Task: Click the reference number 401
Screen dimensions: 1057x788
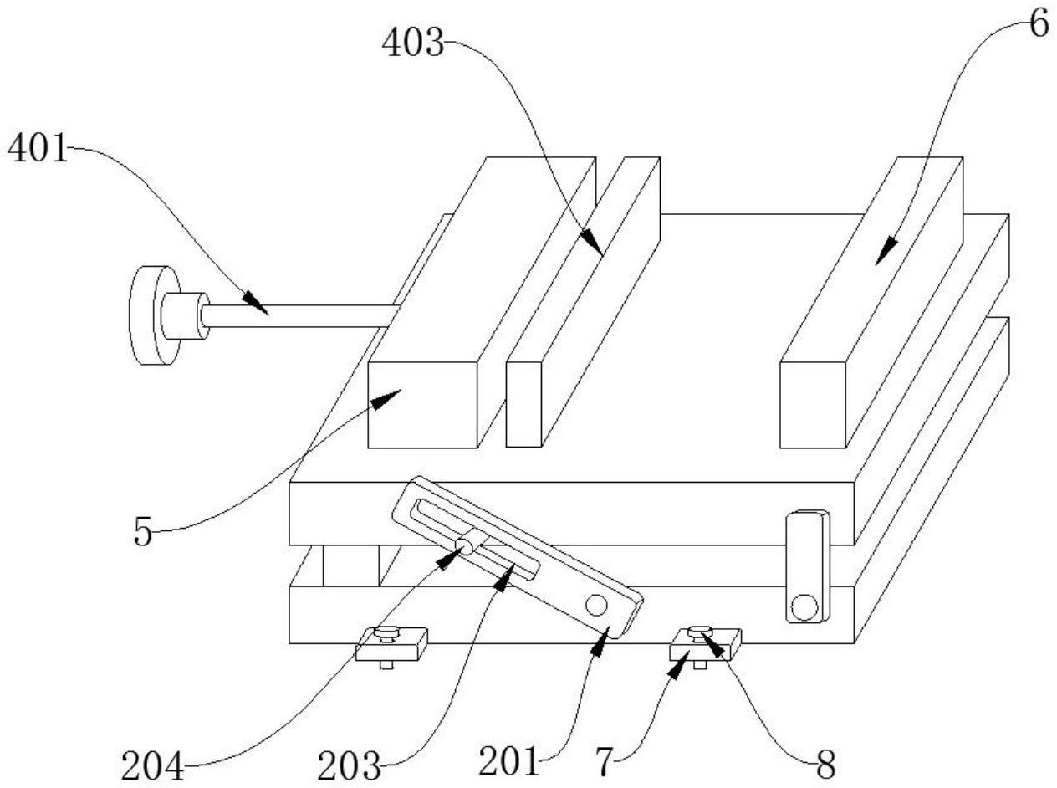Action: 38,148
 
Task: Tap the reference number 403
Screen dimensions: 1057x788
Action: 413,43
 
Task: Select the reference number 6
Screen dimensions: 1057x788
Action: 1039,24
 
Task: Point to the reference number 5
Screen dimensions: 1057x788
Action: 142,532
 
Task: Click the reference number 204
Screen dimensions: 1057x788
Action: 153,766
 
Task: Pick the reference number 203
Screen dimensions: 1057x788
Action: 349,766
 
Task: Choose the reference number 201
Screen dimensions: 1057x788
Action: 509,761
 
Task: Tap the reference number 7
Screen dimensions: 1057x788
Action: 606,761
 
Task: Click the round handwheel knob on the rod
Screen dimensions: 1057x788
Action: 155,315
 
